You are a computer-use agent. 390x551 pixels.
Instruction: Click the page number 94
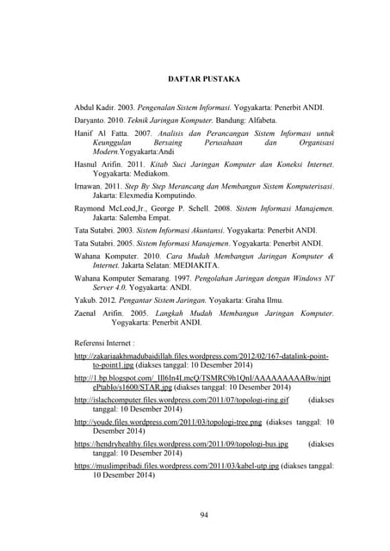(203, 515)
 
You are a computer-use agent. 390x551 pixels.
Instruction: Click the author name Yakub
(85, 302)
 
